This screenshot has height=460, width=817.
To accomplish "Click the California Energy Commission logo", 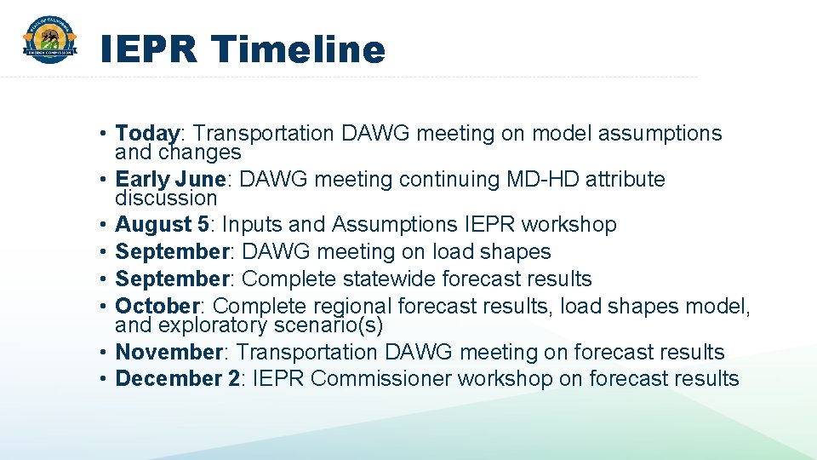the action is tap(49, 40).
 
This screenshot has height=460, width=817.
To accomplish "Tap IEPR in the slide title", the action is tap(148, 49).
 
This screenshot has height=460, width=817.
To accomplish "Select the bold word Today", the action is tap(147, 134).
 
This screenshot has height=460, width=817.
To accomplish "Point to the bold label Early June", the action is tap(170, 179).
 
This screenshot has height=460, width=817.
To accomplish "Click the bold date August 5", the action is tap(162, 224).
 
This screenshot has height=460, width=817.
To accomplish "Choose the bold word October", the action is tap(157, 306).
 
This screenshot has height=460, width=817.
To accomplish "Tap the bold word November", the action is tap(169, 352).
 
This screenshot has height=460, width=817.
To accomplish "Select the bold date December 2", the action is tap(177, 378).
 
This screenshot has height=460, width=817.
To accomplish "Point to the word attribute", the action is tap(626, 179).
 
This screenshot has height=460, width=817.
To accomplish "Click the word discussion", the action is tap(166, 198).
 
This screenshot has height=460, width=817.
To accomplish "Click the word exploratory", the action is tap(213, 325).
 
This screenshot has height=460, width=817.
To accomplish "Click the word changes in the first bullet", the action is tap(199, 152).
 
